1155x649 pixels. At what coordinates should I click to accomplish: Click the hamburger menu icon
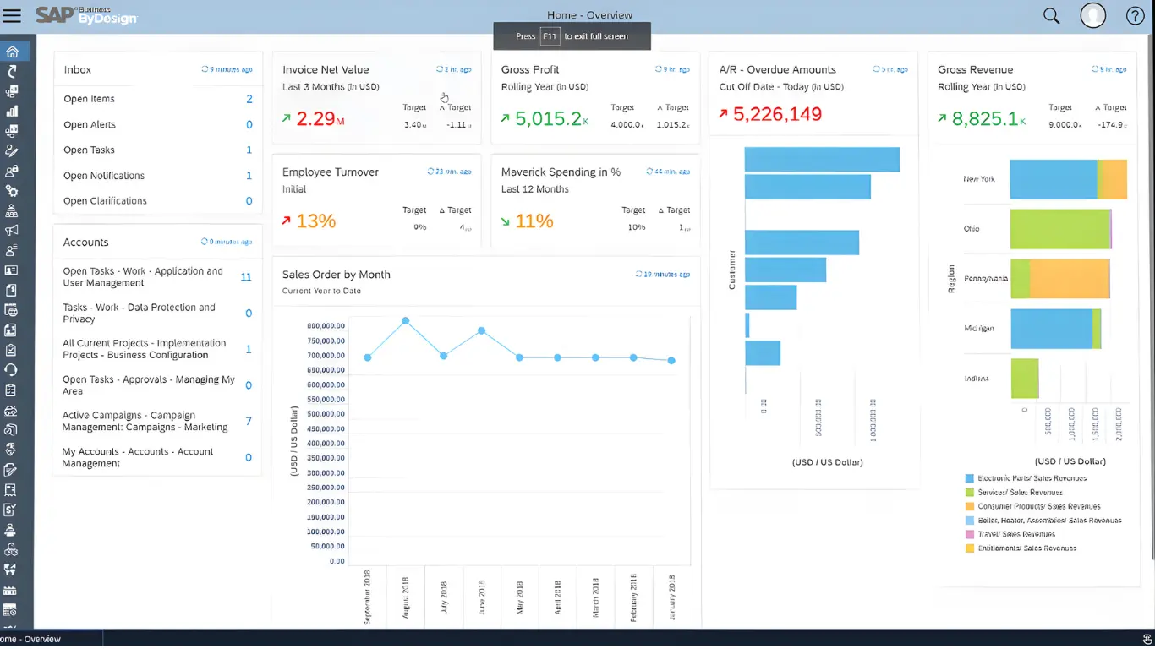[x=12, y=15]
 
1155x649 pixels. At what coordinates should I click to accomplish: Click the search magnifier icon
[x=1051, y=15]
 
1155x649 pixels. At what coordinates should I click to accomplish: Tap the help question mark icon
[x=1135, y=15]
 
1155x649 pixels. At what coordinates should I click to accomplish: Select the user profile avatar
[x=1092, y=15]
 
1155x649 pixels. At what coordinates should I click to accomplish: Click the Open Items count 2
[x=249, y=99]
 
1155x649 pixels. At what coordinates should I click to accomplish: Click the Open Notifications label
[x=104, y=176]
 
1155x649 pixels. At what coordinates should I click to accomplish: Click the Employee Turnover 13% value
[x=315, y=221]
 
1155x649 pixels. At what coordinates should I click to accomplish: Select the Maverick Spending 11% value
[x=534, y=221]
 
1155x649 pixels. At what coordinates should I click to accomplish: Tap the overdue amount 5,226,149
[x=777, y=114]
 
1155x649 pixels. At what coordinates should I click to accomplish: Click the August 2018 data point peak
[x=406, y=321]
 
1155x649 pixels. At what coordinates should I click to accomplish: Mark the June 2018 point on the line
[x=481, y=330]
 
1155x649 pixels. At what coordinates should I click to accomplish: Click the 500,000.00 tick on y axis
[x=326, y=414]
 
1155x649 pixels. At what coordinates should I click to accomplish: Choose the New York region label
[x=978, y=179]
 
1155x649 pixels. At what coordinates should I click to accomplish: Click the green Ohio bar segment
[x=1059, y=229]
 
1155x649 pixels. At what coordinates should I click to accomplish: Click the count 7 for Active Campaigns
[x=248, y=421]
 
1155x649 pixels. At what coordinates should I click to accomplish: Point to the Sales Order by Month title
[x=336, y=275]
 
